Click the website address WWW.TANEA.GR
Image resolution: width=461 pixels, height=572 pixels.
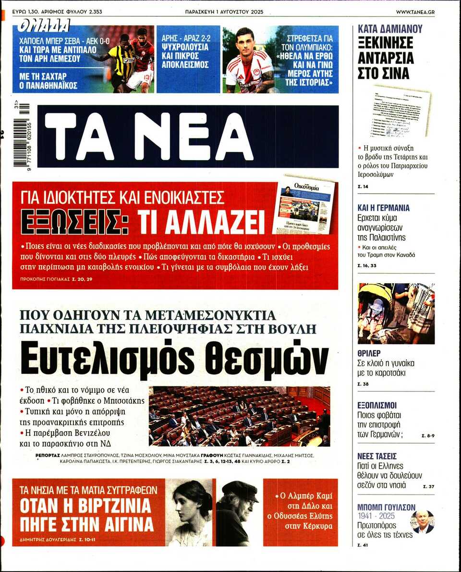(415, 11)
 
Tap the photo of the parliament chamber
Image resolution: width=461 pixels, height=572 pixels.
(239, 416)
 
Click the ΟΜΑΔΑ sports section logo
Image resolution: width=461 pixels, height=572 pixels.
(43, 25)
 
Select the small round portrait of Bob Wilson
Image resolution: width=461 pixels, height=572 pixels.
(423, 522)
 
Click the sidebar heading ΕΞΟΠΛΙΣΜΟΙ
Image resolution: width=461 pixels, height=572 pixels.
(377, 405)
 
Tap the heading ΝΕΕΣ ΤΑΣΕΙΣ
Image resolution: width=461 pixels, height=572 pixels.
(377, 456)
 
